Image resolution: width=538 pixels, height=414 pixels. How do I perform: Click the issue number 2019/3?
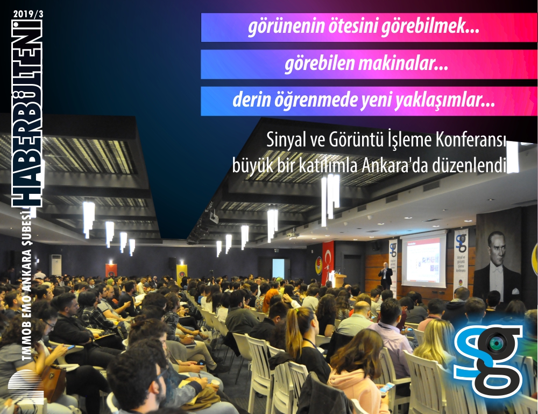coord(28,15)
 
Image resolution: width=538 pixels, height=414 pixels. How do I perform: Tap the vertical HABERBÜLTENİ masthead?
coord(27,113)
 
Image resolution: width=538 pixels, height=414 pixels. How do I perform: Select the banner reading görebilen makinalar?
coord(369,64)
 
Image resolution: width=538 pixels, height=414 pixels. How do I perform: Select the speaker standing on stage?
coord(386,275)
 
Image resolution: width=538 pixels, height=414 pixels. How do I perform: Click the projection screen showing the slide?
coord(423,260)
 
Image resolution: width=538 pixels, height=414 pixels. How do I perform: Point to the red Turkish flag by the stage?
coord(327,262)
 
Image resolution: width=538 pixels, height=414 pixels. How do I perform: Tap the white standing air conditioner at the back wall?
coord(56,265)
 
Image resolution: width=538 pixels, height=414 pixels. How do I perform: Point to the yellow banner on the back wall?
coord(181,272)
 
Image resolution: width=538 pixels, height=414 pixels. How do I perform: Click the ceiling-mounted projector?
coord(214,217)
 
